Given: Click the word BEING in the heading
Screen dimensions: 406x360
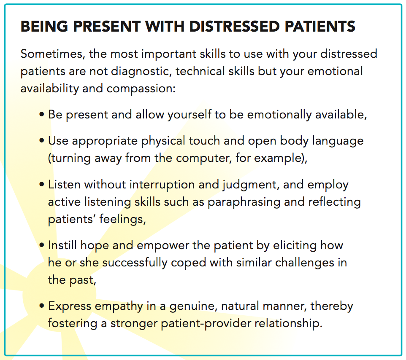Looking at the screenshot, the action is [x=44, y=26].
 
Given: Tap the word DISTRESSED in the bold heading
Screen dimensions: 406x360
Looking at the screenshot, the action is [x=235, y=26].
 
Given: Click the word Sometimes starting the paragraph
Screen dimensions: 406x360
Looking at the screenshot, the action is [x=53, y=54].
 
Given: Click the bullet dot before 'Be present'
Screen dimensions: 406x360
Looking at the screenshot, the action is [x=42, y=114].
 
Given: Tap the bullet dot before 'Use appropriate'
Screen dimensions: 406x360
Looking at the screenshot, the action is [x=42, y=141].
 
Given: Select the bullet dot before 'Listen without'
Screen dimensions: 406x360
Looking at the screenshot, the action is [x=42, y=184].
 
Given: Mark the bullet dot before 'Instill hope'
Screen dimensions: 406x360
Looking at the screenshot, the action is [x=42, y=245].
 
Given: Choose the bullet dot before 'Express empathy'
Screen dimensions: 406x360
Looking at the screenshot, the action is [x=42, y=306].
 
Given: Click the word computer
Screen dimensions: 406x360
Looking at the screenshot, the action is [x=204, y=158].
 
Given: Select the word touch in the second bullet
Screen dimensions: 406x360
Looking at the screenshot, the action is [x=204, y=141].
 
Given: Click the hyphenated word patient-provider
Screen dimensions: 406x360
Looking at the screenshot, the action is [x=206, y=324].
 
